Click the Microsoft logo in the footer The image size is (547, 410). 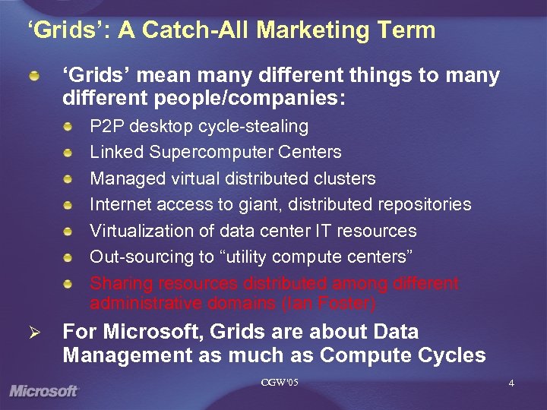point(44,391)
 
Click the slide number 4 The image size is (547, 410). point(511,383)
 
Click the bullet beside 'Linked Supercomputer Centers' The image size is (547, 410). point(69,153)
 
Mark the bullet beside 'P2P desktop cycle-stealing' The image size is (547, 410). point(69,126)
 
